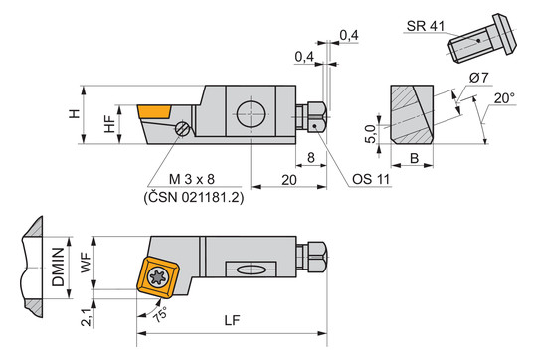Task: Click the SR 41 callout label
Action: point(426,26)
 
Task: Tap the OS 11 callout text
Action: point(371,179)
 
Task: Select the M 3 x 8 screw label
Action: point(192,179)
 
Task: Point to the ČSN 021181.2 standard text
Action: point(194,198)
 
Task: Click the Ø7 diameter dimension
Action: point(479,78)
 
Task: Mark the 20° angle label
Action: point(504,98)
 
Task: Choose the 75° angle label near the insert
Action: point(160,314)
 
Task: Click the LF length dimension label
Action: point(232,320)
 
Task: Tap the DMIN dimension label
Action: point(58,267)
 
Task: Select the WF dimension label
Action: point(86,263)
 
